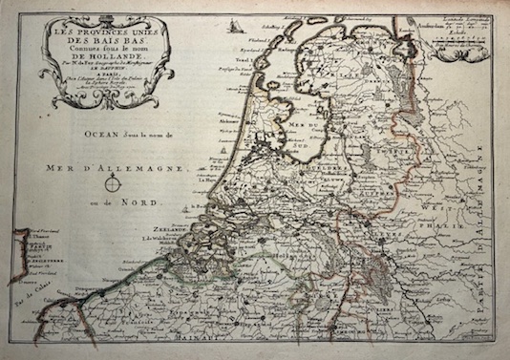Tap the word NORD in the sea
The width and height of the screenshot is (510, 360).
pos(150,201)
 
